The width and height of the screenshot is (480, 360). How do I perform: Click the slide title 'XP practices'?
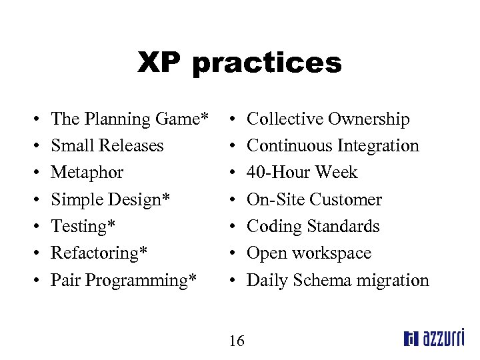(x=239, y=63)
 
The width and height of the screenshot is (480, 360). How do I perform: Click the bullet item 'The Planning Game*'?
(x=126, y=119)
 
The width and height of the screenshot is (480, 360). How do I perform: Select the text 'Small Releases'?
(x=107, y=146)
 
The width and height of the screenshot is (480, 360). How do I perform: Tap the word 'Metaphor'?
(x=87, y=173)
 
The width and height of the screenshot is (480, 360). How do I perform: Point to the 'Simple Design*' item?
(x=110, y=199)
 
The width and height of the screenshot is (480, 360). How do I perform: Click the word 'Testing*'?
(x=83, y=227)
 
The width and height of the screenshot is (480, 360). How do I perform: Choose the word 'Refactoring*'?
(x=99, y=253)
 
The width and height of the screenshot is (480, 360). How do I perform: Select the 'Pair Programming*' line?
(x=124, y=280)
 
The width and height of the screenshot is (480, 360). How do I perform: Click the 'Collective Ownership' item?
(x=328, y=119)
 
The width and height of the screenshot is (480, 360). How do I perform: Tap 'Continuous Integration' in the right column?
(x=333, y=146)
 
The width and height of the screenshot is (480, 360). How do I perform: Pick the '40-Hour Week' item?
(x=302, y=173)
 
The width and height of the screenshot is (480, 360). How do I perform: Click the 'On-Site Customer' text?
(x=314, y=199)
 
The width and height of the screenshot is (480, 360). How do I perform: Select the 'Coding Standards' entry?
(x=313, y=227)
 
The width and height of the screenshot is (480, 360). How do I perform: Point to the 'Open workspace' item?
(x=309, y=253)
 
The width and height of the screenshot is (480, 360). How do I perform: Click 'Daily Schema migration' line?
(x=337, y=280)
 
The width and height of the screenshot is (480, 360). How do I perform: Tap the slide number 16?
(x=236, y=341)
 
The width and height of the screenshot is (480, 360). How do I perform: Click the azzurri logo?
(x=434, y=339)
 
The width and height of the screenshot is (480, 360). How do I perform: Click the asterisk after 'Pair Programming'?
(x=193, y=277)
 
